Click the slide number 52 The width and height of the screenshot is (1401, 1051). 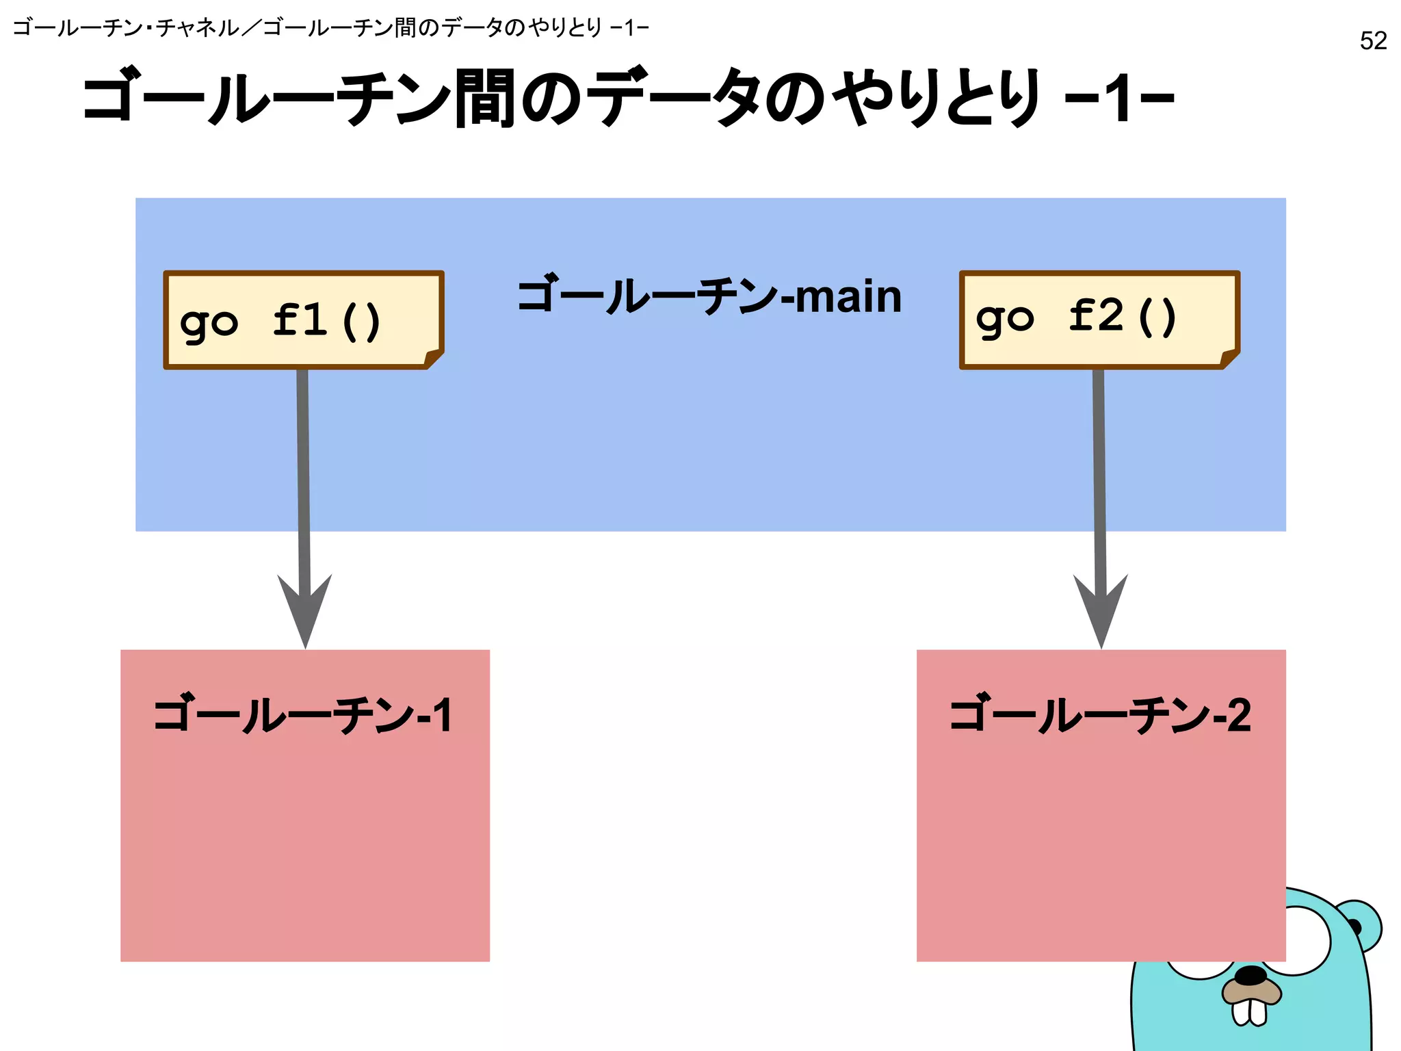(1373, 41)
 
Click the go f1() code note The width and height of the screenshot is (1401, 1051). (303, 320)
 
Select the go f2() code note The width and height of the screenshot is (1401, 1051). (1099, 319)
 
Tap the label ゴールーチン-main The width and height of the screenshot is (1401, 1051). (709, 296)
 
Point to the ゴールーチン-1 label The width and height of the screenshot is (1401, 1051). (303, 716)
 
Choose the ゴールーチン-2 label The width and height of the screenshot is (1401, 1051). (1100, 716)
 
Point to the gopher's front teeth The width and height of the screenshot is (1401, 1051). (1249, 1012)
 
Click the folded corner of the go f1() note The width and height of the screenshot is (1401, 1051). (434, 358)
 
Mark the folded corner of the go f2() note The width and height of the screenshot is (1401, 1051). (1230, 358)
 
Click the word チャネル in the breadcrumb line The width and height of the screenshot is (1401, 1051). (198, 28)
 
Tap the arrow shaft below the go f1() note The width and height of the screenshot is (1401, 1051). (303, 465)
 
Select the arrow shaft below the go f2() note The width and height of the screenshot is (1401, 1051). (1099, 465)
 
